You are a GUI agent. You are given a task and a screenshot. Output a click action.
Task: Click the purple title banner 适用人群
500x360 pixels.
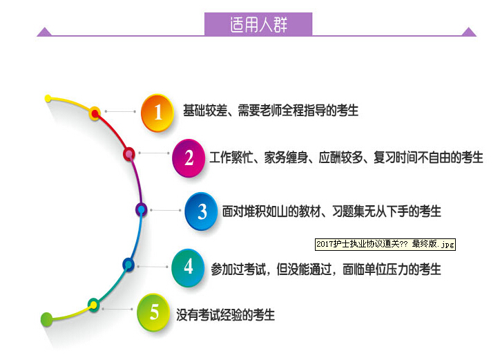pos(258,24)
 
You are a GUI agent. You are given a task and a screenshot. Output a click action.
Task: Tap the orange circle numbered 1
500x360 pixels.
pos(157,113)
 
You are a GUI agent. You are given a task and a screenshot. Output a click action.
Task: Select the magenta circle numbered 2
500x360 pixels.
pos(189,158)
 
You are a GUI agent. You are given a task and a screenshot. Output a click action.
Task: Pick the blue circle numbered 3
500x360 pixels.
pos(201,211)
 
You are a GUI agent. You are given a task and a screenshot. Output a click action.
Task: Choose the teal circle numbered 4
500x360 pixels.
pos(188,267)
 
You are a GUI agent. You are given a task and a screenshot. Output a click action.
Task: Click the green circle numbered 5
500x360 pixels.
pos(153,312)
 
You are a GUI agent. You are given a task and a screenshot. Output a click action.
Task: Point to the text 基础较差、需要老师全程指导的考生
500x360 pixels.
pos(271,111)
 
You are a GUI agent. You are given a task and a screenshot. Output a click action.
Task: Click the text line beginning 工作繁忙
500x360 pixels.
pos(346,158)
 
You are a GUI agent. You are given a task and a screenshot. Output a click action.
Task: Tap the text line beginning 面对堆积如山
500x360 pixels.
pos(331,211)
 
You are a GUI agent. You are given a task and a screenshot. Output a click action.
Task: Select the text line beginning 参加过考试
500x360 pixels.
pos(326,269)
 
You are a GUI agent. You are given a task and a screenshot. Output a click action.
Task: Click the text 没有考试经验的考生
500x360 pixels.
pos(225,314)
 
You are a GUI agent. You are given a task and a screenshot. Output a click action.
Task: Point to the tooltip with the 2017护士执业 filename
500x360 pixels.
pos(385,245)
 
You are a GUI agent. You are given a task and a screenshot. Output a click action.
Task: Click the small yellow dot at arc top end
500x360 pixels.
pos(48,98)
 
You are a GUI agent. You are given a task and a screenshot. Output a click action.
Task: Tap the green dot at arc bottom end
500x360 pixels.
pos(46,319)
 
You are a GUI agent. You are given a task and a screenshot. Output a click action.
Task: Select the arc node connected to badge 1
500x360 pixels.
pos(95,113)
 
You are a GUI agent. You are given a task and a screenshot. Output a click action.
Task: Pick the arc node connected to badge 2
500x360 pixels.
pos(129,154)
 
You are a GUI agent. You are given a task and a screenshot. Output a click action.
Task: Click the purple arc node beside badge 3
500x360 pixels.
pos(142,209)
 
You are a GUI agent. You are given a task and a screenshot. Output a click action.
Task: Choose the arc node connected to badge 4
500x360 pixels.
pos(128,265)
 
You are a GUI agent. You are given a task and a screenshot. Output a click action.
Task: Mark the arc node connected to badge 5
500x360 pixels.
pos(93,305)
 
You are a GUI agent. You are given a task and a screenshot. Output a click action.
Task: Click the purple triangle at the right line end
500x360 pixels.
pos(469,32)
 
